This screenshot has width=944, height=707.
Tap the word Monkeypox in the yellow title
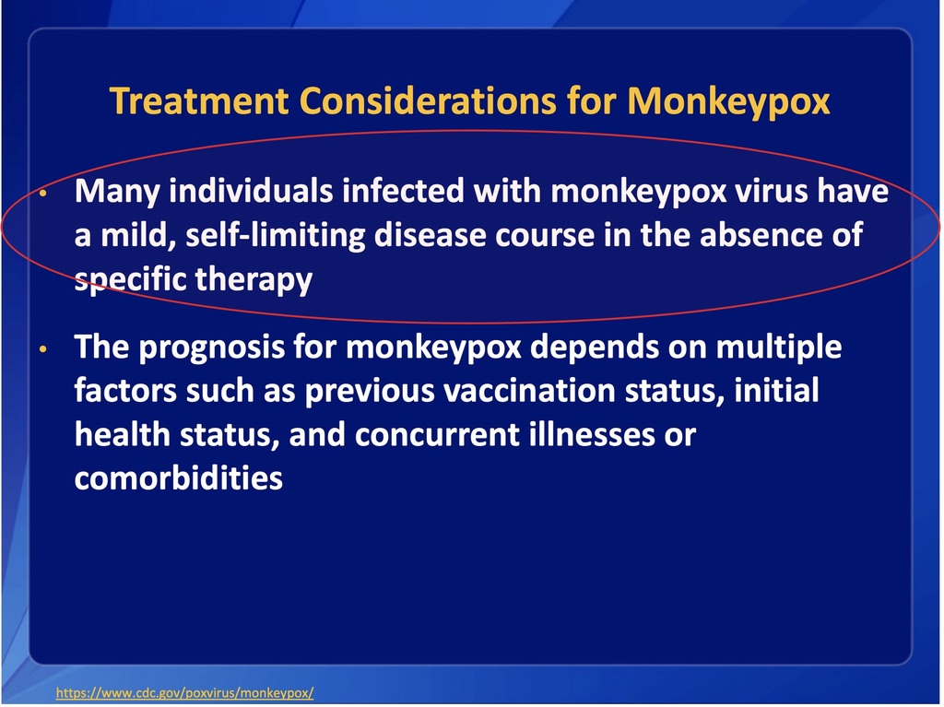(728, 101)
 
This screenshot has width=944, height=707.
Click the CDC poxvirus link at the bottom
(184, 692)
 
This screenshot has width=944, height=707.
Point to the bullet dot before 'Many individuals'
(42, 194)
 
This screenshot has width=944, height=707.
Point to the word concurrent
(437, 435)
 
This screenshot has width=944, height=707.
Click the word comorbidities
(179, 478)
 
